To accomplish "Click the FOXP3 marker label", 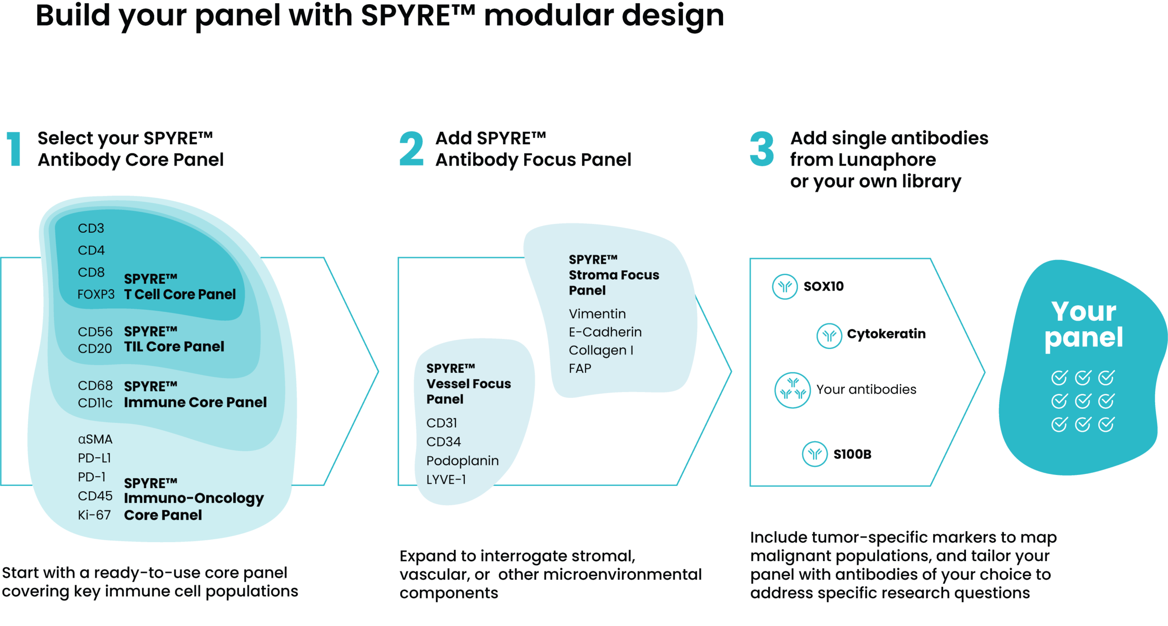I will (96, 295).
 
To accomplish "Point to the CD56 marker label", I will (95, 332).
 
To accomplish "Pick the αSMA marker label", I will (95, 439).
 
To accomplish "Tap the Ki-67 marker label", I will (94, 515).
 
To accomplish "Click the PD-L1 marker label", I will (94, 458).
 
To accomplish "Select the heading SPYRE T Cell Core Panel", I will (180, 287).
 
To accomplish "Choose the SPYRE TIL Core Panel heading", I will (174, 339).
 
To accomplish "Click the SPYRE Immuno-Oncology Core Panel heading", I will (193, 499).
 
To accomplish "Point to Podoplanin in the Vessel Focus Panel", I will (462, 461).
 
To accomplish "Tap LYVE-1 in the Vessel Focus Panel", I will (446, 480).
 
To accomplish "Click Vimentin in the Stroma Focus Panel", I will (597, 314).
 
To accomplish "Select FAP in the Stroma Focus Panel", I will (579, 368).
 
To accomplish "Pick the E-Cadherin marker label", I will (605, 332).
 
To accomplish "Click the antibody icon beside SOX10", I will (785, 287).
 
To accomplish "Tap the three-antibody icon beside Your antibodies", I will (793, 391).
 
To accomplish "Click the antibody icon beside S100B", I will (815, 454).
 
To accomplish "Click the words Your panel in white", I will (1084, 324).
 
